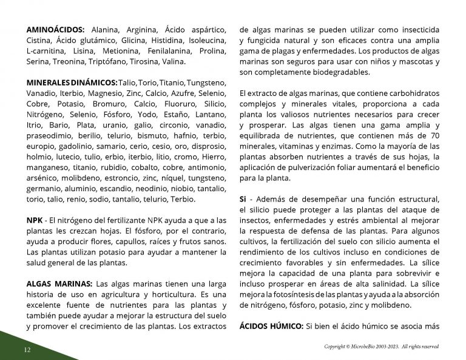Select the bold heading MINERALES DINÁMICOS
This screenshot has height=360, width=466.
pyautogui.click(x=72, y=83)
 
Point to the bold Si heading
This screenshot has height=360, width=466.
pyautogui.click(x=243, y=200)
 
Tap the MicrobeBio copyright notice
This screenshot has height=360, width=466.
pyautogui.click(x=381, y=347)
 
